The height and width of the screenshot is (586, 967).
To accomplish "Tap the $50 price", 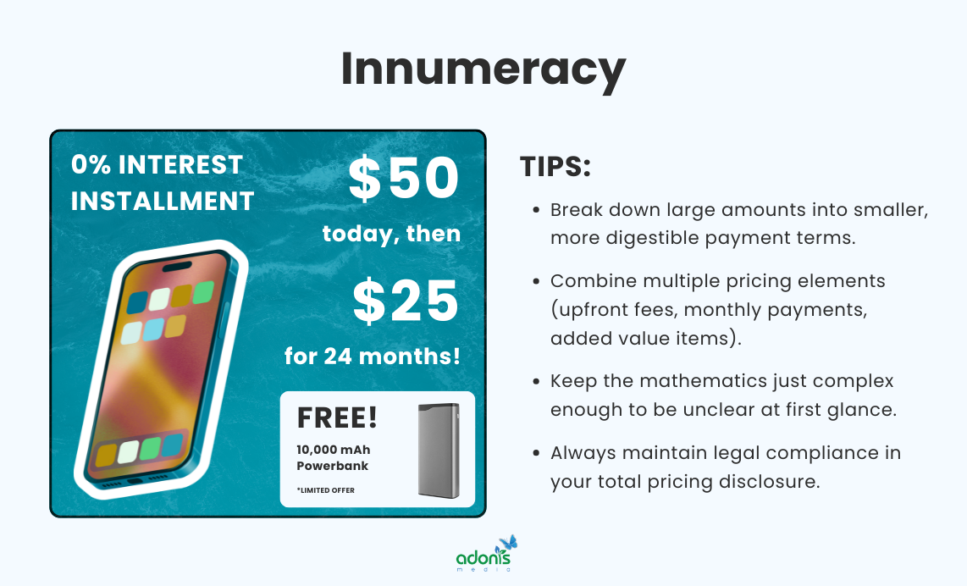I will point(404,180).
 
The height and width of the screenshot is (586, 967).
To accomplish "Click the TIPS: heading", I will point(555,168).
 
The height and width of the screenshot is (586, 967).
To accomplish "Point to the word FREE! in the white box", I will point(337,417).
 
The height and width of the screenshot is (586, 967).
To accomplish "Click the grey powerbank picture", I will point(439,450).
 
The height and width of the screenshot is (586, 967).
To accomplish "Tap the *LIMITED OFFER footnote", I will point(326,490).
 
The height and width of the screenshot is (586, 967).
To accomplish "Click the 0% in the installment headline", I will point(91,164).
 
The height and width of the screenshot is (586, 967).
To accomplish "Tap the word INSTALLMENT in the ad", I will point(163,201).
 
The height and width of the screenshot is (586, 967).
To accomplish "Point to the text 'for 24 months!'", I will point(373,357).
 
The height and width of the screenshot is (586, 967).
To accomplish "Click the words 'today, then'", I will point(391,233).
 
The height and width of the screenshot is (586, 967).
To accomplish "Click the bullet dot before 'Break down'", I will point(536,210).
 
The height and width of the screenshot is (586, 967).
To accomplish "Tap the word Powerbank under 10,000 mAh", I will point(333,466).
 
